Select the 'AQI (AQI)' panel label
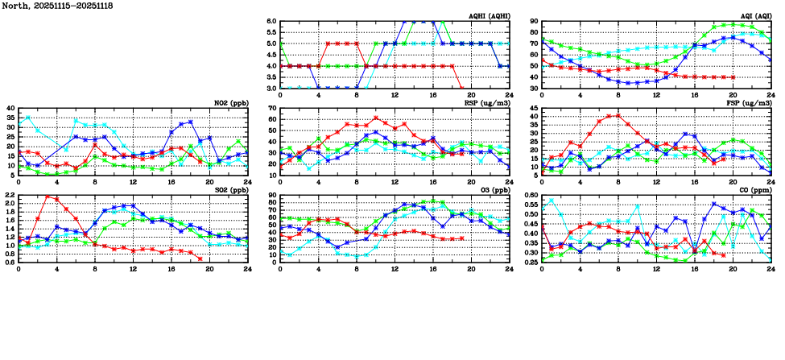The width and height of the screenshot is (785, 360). coord(754,16)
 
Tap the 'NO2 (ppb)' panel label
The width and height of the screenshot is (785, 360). coord(229,103)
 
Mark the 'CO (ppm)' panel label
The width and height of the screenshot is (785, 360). coord(754,190)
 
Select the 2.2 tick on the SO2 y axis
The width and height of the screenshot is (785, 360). coord(9,196)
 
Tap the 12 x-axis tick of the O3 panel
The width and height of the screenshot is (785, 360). coord(395,269)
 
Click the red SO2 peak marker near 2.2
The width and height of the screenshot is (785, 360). coord(48,197)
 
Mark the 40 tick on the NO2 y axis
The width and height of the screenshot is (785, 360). coord(10,109)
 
